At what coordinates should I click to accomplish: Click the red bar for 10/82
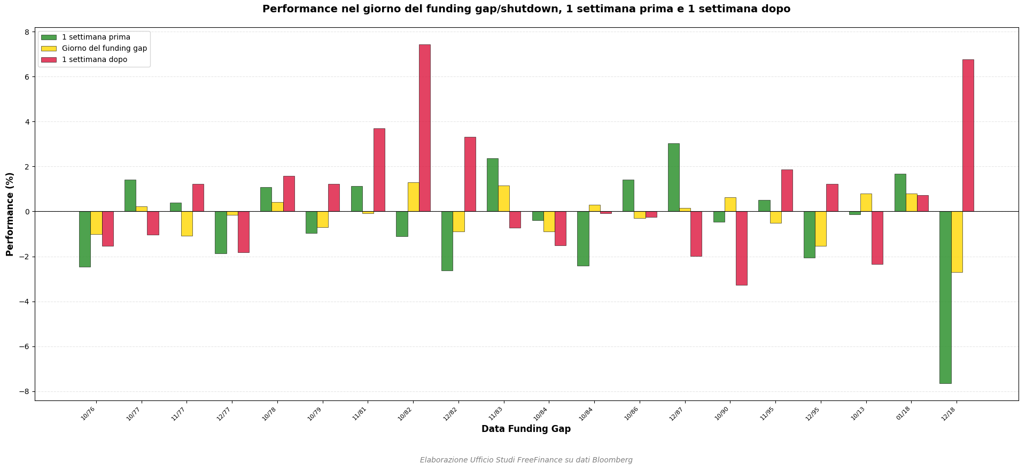424,128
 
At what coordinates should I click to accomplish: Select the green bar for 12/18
945,297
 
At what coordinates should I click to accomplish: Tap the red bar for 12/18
968,135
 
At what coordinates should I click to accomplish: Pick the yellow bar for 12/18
957,242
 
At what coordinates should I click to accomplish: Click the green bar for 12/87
673,177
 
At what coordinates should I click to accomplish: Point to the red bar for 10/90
741,248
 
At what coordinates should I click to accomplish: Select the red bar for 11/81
379,170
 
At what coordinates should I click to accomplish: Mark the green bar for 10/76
85,239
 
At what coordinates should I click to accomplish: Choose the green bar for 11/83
492,185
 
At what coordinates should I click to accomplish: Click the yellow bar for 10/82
413,197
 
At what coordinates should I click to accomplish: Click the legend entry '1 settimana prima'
96,37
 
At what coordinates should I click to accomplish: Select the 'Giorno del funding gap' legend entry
104,49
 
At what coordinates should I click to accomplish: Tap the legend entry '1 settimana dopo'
94,60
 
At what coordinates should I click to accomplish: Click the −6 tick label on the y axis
24,346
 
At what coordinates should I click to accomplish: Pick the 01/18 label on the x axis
903,413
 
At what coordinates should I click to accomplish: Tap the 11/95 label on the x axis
767,413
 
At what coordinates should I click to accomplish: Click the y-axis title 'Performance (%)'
10,214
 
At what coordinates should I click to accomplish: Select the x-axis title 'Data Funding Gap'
526,429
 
